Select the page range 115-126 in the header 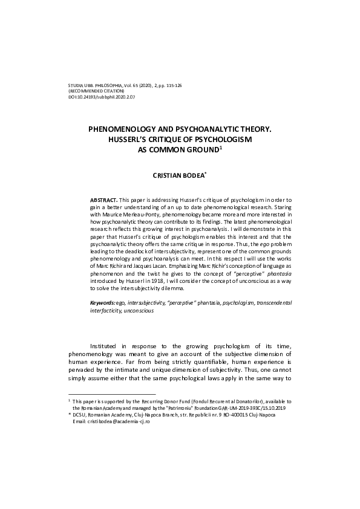(x=171, y=85)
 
